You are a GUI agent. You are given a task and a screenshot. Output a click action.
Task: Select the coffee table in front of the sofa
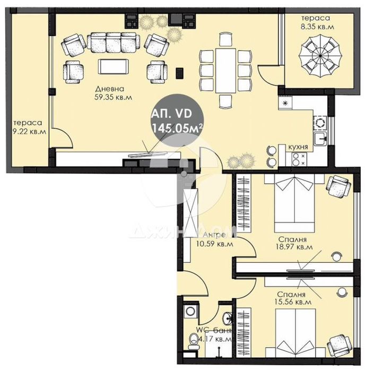(113, 67)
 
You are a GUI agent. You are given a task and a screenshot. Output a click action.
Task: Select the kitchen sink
(320, 139)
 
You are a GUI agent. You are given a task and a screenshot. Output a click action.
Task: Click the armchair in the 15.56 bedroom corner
(338, 344)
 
